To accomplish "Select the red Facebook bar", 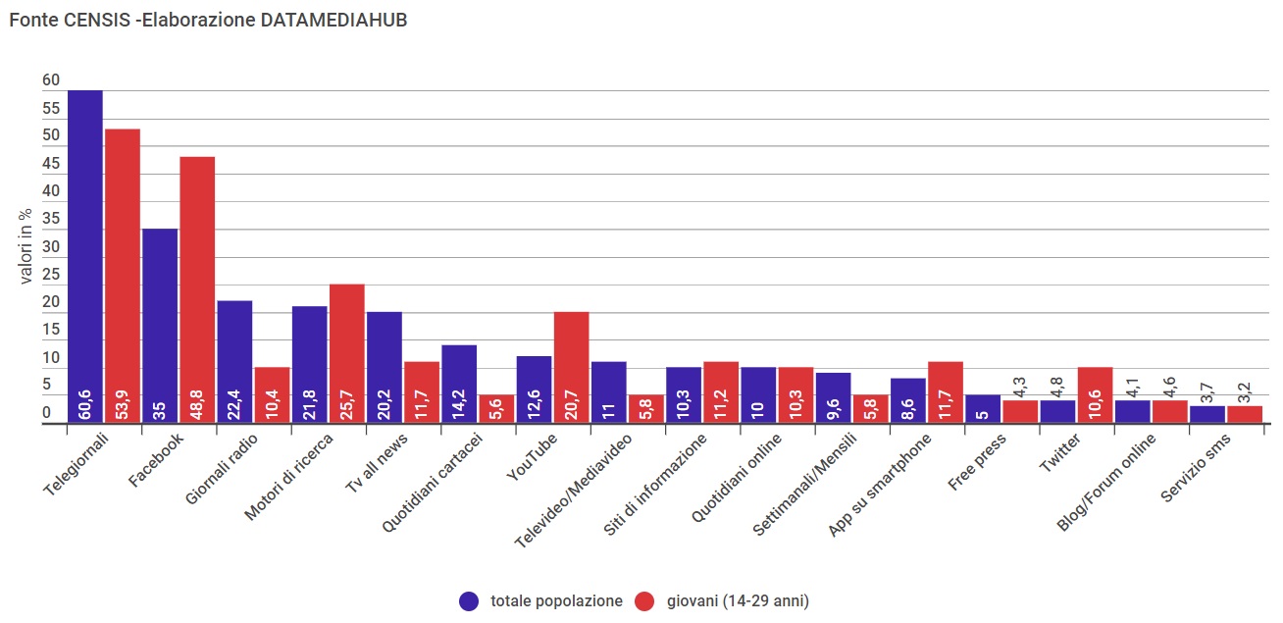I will click(197, 285).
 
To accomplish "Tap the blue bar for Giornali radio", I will click(234, 358).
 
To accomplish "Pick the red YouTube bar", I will click(571, 363).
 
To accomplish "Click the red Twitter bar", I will click(1095, 392).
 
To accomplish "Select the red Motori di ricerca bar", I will click(346, 348).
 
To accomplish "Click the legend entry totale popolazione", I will click(556, 601).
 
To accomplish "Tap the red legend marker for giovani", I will click(644, 601).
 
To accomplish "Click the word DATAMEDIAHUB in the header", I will click(334, 21).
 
